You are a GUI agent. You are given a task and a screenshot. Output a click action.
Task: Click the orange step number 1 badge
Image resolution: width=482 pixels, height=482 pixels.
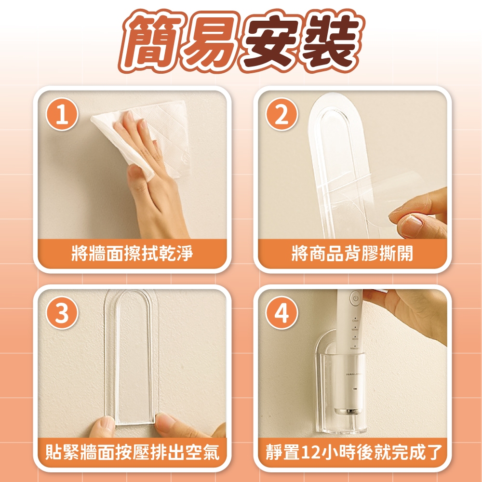[62, 114]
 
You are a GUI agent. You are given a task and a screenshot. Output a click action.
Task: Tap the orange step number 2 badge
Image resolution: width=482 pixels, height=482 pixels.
[281, 114]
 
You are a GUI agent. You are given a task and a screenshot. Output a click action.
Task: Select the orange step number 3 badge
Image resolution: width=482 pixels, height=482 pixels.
[62, 313]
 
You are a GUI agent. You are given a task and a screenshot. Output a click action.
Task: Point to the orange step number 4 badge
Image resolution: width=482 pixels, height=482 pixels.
[281, 313]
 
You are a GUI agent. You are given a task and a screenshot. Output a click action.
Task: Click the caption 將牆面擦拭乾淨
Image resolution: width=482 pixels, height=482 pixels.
[132, 254]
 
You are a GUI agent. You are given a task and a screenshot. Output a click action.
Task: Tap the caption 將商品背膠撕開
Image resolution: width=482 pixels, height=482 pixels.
[352, 254]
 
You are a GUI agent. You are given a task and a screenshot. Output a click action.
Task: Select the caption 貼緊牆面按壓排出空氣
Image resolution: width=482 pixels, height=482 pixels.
[132, 452]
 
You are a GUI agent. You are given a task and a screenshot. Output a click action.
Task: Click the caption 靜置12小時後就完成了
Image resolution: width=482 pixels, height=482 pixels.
[353, 452]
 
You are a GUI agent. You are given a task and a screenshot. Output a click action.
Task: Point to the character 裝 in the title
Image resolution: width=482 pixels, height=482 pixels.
[332, 41]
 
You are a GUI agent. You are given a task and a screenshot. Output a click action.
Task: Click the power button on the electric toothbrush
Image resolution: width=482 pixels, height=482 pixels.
[356, 298]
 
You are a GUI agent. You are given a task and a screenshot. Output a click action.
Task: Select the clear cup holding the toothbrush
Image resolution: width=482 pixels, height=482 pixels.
[343, 393]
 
